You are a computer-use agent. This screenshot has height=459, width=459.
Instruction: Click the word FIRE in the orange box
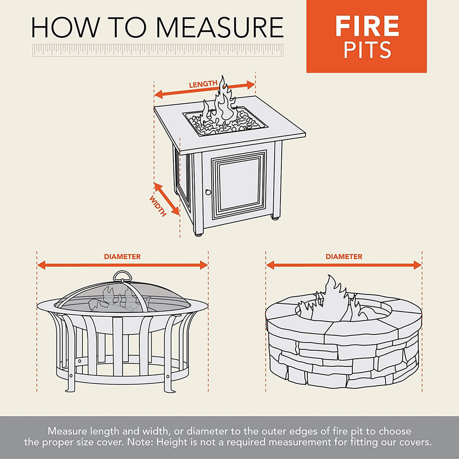click(x=367, y=26)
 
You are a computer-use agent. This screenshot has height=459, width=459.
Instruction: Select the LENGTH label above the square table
click(x=203, y=84)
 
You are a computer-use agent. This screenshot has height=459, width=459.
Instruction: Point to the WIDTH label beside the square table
click(x=158, y=207)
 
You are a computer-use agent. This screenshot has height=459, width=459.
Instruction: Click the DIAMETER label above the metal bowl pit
click(x=122, y=257)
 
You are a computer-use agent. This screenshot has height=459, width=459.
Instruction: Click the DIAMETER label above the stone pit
click(x=344, y=257)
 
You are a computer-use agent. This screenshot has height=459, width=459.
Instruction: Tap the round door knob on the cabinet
click(x=208, y=192)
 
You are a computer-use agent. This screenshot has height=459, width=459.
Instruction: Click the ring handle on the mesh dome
click(x=122, y=277)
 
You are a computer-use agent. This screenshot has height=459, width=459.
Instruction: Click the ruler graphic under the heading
click(x=158, y=50)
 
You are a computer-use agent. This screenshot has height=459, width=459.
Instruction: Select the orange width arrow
click(x=167, y=198)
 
